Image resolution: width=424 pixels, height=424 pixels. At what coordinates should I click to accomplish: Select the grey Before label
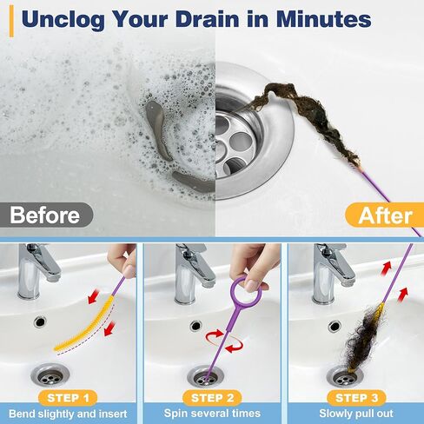click(43, 215)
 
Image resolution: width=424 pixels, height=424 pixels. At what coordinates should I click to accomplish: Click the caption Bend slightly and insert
click(70, 415)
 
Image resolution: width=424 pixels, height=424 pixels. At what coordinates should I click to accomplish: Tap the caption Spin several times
click(212, 415)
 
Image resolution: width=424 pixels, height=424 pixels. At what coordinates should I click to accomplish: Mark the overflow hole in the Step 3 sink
click(335, 326)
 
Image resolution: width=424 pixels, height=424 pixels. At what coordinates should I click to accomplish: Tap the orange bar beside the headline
click(10, 19)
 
